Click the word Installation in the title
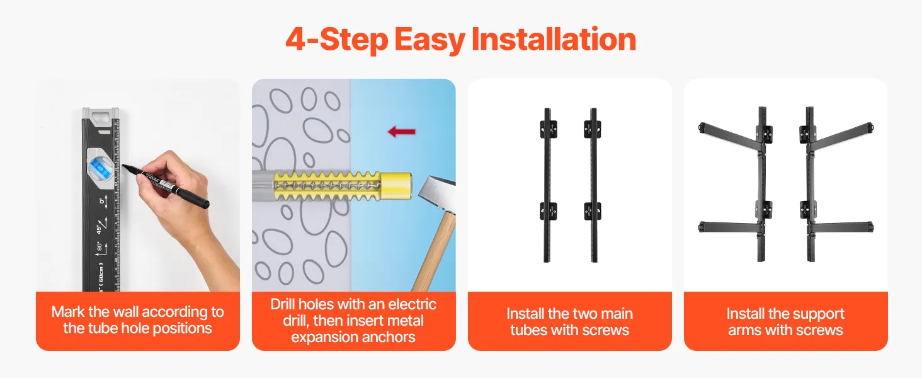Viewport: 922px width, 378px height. click(554, 39)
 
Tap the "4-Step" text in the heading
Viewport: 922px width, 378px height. click(336, 40)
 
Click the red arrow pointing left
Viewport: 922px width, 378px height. click(401, 132)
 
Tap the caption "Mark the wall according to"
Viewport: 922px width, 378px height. click(137, 312)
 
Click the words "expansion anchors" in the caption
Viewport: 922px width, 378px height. click(353, 337)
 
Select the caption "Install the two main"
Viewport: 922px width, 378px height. click(570, 314)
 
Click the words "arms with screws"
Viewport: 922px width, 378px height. click(785, 330)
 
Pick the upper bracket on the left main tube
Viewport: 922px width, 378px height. click(549, 129)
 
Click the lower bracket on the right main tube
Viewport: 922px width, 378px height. click(592, 211)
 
